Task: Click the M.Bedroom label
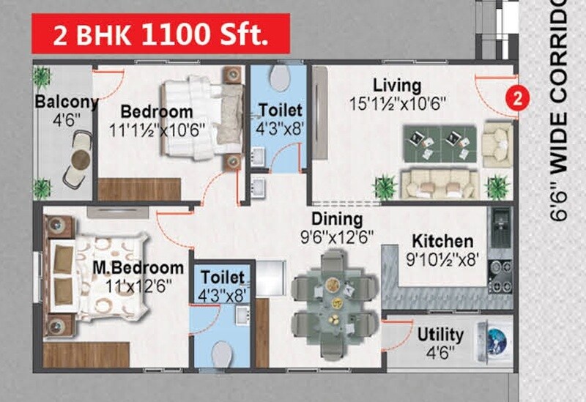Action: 138,267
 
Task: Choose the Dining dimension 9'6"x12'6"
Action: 337,237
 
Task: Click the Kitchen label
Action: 442,241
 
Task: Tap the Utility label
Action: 440,335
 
